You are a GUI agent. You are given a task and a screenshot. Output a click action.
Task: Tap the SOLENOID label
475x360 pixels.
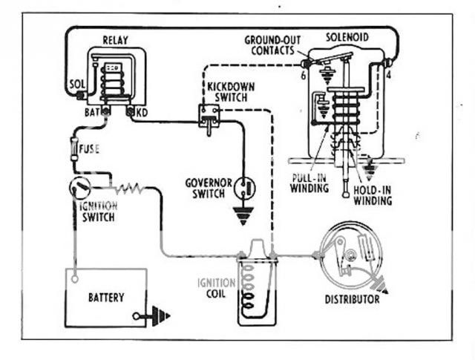[x=349, y=36]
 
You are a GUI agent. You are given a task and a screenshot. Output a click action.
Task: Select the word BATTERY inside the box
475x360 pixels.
[x=105, y=298]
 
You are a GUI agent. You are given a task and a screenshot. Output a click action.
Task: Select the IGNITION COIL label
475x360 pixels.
[x=215, y=289]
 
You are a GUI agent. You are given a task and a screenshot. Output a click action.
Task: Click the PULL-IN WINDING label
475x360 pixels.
[x=311, y=183]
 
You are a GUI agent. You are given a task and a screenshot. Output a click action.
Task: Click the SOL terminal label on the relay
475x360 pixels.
[x=76, y=85]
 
